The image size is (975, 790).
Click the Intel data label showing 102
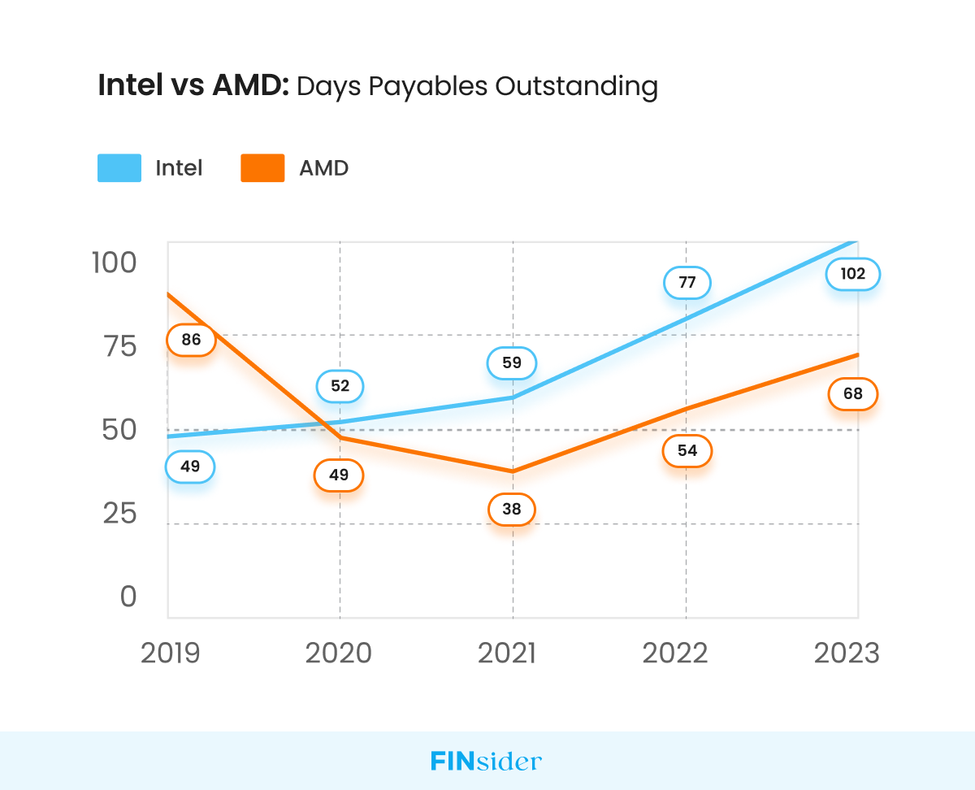tap(852, 274)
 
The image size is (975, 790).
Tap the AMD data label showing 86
tap(191, 340)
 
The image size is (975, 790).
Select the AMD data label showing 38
tap(512, 510)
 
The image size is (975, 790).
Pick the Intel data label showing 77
tap(687, 283)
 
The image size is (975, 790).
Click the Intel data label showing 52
tap(340, 386)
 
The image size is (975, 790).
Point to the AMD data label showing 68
tap(853, 394)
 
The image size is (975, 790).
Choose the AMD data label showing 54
tap(687, 450)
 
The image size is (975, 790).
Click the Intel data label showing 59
tap(511, 362)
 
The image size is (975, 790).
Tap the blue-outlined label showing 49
tap(189, 467)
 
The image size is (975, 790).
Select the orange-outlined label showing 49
tap(339, 475)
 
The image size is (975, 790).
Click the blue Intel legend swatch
tap(119, 168)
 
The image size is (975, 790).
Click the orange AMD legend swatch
tap(262, 168)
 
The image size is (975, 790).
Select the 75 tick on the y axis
tap(119, 347)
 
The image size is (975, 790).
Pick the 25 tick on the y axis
tap(119, 514)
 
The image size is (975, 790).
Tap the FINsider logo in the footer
tap(486, 762)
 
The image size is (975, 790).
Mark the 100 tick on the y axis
tap(115, 263)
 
